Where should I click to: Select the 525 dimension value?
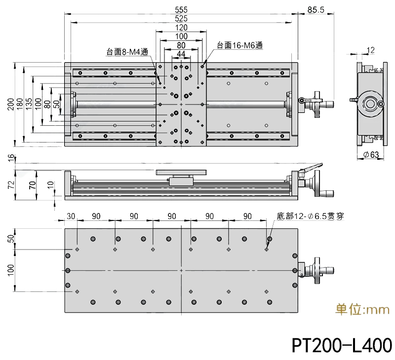point(181,18)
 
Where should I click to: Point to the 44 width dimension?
point(181,54)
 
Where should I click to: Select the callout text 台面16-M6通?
point(239,45)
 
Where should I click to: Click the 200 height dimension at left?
point(10,104)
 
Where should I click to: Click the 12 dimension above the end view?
point(371,50)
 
